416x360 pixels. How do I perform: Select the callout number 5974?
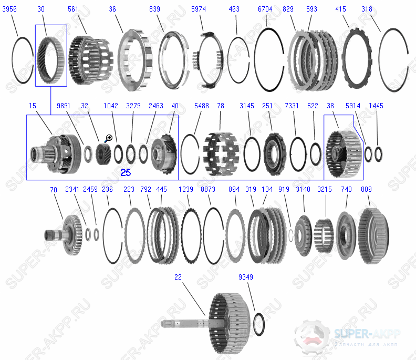tap(198, 9)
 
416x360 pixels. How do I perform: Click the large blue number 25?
tap(126, 172)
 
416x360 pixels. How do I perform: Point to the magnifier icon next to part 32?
tap(109, 138)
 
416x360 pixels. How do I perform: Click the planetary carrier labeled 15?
tap(57, 152)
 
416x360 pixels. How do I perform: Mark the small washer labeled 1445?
tap(378, 155)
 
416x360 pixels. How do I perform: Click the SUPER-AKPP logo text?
tap(367, 333)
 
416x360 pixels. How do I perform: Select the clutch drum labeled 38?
tap(344, 153)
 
